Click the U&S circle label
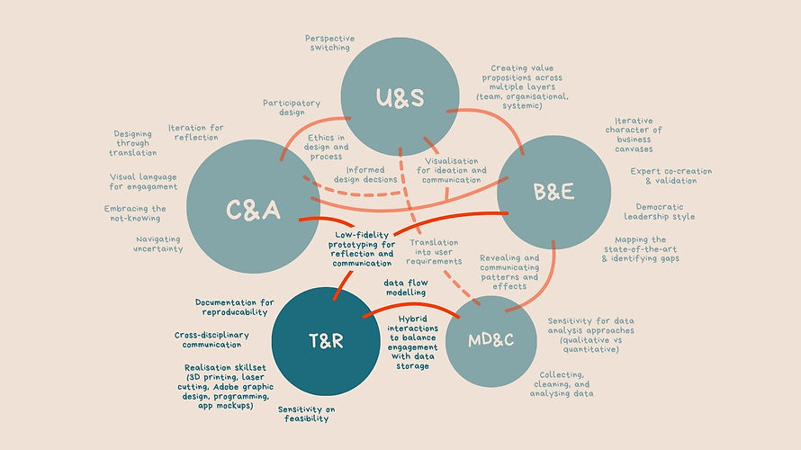tap(400, 97)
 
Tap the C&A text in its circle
tap(254, 210)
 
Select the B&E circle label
tap(553, 192)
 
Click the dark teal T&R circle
tap(326, 341)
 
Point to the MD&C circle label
tap(490, 340)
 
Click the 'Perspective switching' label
tap(330, 43)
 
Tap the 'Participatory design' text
tap(292, 107)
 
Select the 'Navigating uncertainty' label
tap(158, 244)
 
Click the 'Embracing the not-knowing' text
tap(135, 213)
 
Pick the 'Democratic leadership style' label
tap(660, 211)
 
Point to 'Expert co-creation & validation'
tap(670, 175)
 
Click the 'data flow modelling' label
tap(406, 288)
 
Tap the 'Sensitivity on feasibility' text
tap(307, 414)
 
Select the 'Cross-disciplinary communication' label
tap(211, 339)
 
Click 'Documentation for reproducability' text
tap(235, 307)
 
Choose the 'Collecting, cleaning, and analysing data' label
tap(562, 383)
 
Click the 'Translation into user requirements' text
tap(434, 252)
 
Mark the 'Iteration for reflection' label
tap(196, 132)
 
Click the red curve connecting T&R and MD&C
tap(410, 305)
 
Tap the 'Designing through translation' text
tap(133, 143)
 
